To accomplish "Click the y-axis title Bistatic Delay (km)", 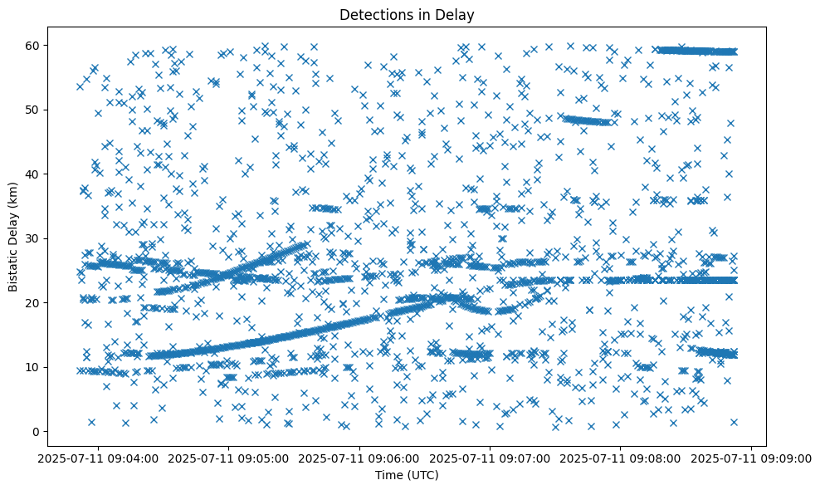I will click(x=14, y=237).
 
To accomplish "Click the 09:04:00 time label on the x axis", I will click(x=99, y=458).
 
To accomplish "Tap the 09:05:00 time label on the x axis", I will click(x=230, y=458).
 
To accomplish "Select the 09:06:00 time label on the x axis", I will click(x=361, y=458).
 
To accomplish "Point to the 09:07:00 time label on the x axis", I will click(x=491, y=458).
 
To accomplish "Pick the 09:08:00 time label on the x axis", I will click(x=622, y=458).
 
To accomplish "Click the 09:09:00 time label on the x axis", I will click(x=752, y=458).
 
